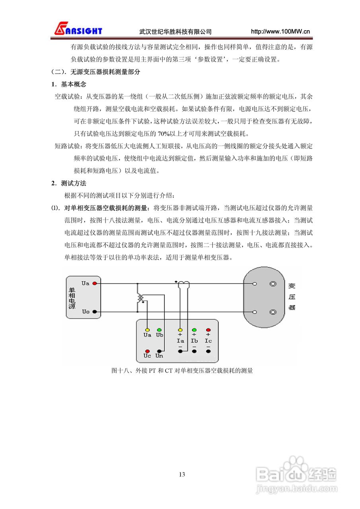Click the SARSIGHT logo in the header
point(78,29)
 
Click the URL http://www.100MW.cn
point(280,32)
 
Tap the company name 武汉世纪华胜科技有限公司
point(175,32)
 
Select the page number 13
point(182,474)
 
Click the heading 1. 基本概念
point(68,84)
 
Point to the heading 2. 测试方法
point(68,183)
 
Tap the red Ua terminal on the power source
point(95,284)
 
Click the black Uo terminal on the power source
point(95,311)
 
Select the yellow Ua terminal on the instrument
point(147,330)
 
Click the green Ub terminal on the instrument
point(160,330)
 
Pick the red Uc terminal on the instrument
point(147,351)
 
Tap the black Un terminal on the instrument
point(160,351)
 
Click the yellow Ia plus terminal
point(180,330)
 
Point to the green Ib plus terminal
point(194,330)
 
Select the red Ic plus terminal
point(208,330)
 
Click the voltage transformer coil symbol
point(140,298)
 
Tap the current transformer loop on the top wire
point(183,284)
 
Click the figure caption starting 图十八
point(182,371)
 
